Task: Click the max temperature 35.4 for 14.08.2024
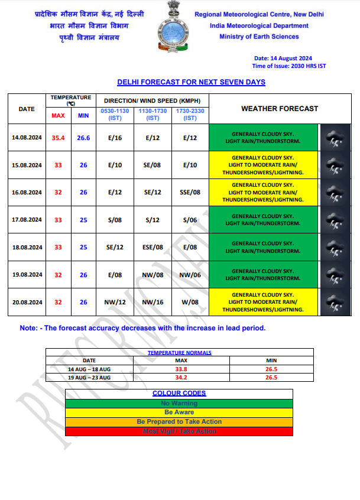[58, 138]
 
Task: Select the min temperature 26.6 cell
[83, 138]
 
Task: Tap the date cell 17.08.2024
[27, 220]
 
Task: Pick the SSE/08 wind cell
[190, 192]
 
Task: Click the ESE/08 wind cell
[153, 247]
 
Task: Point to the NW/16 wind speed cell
[153, 302]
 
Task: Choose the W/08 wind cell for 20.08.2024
[190, 302]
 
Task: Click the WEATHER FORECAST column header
[279, 109]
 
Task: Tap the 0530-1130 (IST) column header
[115, 115]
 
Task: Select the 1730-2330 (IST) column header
[190, 115]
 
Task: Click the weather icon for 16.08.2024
[335, 192]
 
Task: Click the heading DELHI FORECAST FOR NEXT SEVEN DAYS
[191, 82]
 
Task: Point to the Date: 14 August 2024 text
[283, 59]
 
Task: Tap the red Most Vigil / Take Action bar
[179, 431]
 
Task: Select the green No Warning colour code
[179, 404]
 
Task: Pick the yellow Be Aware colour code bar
[179, 413]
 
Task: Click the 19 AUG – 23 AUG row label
[89, 377]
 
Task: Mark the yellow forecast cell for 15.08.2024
[263, 165]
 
